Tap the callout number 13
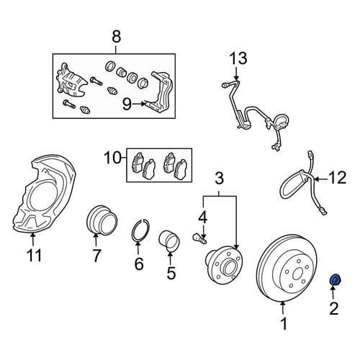click(238, 58)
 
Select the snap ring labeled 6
click(140, 230)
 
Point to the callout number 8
click(117, 37)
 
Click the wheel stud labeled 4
click(199, 238)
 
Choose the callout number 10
click(113, 158)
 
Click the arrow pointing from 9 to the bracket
click(139, 104)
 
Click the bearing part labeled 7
click(102, 220)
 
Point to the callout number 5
click(171, 273)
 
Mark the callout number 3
click(219, 178)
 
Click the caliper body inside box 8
click(71, 81)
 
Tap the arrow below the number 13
click(236, 74)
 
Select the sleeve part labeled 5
click(169, 240)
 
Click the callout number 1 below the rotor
click(284, 323)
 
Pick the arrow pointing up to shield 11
click(33, 240)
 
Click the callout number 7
click(96, 256)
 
